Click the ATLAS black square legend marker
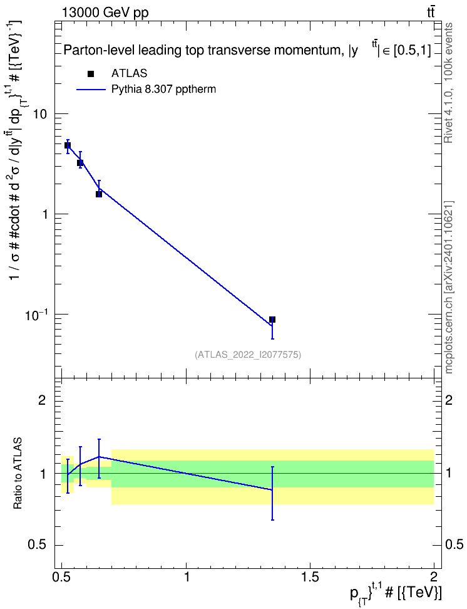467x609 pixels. click(x=91, y=74)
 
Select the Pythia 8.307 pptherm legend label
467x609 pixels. click(x=163, y=90)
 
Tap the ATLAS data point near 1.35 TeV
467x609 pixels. click(x=272, y=320)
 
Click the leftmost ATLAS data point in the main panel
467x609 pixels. click(x=68, y=145)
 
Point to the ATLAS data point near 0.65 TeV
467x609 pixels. click(x=99, y=194)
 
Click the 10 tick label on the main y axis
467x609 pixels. click(x=41, y=114)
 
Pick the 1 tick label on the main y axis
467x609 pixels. click(x=44, y=214)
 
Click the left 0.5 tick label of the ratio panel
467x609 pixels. click(x=38, y=545)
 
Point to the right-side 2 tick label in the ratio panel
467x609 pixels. click(x=449, y=400)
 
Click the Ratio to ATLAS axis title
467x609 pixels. click(x=18, y=473)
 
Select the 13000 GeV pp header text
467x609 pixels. click(x=105, y=13)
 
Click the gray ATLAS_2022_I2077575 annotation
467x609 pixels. click(x=248, y=354)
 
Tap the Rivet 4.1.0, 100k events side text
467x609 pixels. click(x=448, y=83)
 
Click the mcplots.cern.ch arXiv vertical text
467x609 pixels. click(x=448, y=287)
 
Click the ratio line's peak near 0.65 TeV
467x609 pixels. click(x=99, y=457)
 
